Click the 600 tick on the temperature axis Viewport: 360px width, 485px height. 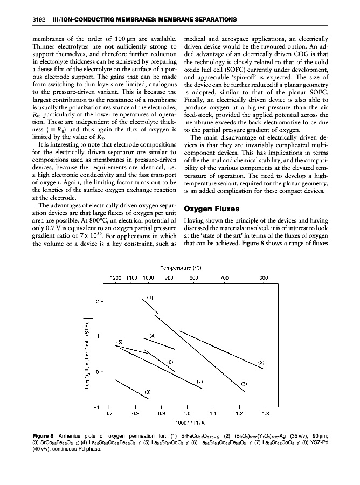tap(264, 278)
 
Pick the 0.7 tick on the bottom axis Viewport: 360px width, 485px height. tap(109, 414)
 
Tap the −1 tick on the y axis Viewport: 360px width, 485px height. tap(96, 407)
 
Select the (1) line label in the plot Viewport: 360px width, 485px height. tap(151, 296)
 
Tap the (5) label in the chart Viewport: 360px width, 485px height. tap(120, 342)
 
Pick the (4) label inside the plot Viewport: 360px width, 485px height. tap(153, 335)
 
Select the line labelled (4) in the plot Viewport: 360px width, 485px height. tap(159, 343)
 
